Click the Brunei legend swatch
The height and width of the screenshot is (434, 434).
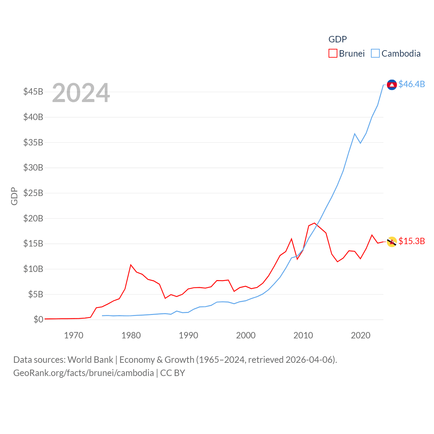click(333, 54)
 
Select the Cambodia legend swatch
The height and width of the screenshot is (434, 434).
click(375, 54)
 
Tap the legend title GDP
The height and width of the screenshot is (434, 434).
click(337, 39)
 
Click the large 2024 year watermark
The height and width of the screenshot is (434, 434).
click(81, 93)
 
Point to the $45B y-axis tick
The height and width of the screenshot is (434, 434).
click(33, 92)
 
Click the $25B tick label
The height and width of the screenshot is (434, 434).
click(33, 193)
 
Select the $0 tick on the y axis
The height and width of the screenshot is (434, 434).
click(38, 319)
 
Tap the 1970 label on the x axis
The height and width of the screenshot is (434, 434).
click(74, 336)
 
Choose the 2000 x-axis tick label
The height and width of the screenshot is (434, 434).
click(246, 336)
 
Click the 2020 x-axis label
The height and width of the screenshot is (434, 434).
click(360, 336)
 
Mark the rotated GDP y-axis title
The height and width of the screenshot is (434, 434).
click(14, 196)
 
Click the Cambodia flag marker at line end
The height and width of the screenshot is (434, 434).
click(392, 85)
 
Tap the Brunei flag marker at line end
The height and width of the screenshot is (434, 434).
click(392, 242)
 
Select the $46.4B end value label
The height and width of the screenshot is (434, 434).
click(412, 84)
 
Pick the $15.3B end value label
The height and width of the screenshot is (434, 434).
click(412, 241)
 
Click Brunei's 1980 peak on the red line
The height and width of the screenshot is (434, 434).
click(131, 265)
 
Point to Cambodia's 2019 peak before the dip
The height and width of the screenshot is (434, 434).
click(355, 134)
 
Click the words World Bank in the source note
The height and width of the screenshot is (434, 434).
click(90, 360)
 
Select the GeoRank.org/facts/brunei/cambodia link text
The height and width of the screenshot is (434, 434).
click(83, 373)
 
